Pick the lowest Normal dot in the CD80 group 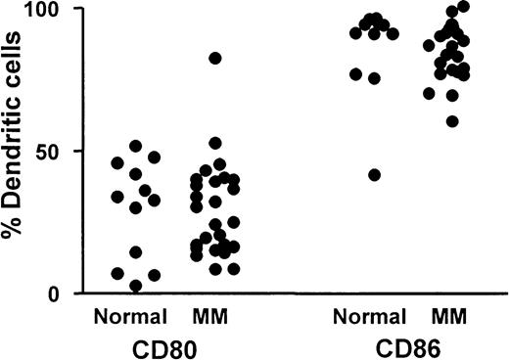tap(135, 286)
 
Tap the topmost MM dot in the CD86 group tap(463, 7)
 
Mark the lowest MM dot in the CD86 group tap(451, 121)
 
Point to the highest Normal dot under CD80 tap(135, 147)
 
